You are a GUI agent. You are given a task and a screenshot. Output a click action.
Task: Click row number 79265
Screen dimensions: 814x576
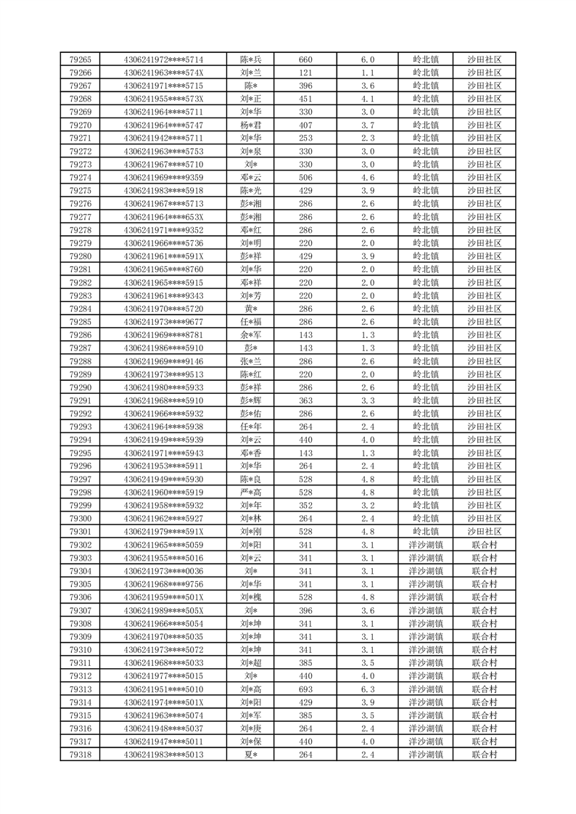click(81, 59)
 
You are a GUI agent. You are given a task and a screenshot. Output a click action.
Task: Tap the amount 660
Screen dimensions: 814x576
click(305, 59)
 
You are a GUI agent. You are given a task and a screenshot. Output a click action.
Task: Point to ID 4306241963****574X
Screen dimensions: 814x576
click(164, 73)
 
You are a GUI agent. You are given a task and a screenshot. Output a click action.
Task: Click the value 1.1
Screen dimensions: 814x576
click(367, 73)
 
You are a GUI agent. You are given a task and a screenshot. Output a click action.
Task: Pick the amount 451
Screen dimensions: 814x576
click(305, 99)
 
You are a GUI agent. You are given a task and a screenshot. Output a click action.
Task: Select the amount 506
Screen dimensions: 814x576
click(305, 178)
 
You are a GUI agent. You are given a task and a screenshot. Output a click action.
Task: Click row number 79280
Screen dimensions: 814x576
click(81, 256)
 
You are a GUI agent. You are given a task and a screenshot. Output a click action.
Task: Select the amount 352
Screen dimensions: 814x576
click(305, 506)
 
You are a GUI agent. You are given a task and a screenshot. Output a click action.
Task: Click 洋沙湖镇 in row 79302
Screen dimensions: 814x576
click(426, 545)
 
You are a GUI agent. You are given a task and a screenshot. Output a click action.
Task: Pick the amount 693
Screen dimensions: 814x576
click(305, 689)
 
